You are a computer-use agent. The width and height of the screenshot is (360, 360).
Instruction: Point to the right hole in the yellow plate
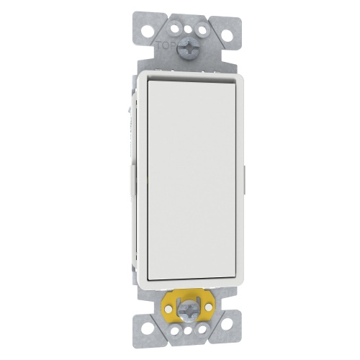pyautogui.click(x=209, y=306)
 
